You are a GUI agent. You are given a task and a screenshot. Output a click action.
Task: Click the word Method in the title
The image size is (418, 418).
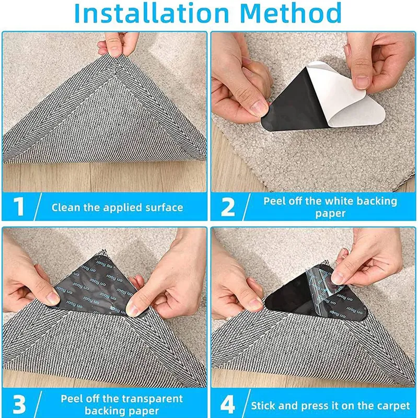click(294, 15)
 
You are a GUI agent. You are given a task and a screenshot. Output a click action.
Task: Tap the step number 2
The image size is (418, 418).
click(228, 206)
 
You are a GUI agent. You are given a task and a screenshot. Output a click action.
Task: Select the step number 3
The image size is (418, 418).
click(19, 403)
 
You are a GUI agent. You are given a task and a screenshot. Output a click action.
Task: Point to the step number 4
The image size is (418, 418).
click(227, 403)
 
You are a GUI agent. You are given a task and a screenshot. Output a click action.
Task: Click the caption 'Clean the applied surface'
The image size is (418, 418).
click(117, 207)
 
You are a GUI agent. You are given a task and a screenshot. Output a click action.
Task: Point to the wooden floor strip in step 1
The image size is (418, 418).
click(104, 178)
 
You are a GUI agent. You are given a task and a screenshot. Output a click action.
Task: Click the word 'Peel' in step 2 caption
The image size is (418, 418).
click(274, 201)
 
